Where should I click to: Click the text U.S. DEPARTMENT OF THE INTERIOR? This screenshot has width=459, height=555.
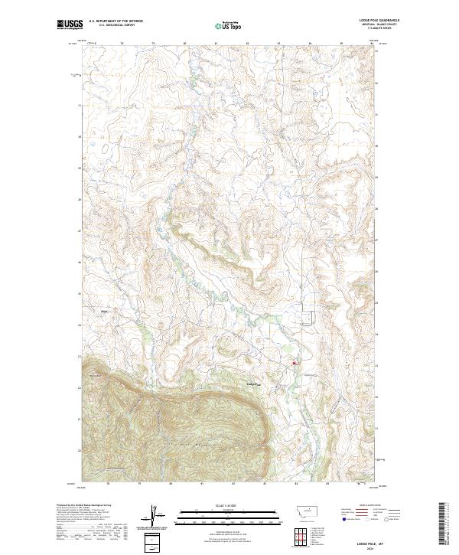pyautogui.click(x=116, y=21)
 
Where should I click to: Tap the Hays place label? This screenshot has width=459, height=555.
pyautogui.click(x=105, y=311)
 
